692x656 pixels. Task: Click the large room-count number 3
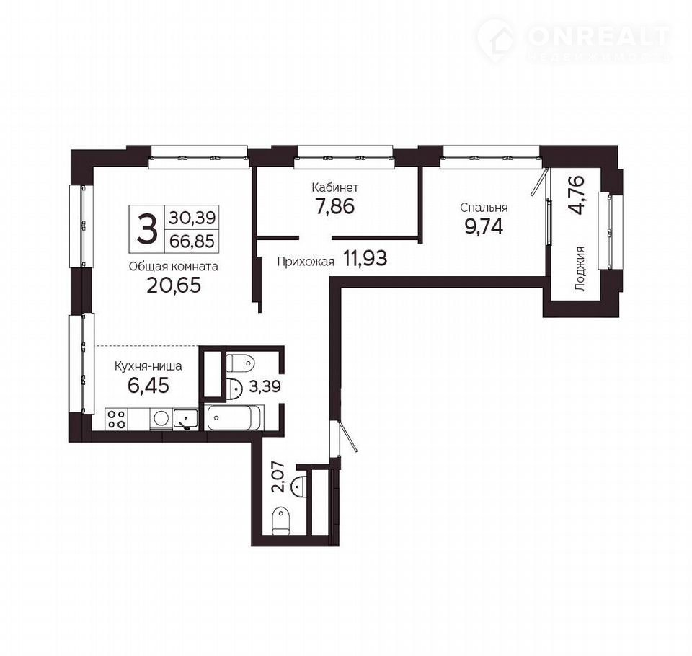pos(146,229)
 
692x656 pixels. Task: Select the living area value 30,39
pos(192,218)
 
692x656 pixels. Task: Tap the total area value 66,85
pos(192,241)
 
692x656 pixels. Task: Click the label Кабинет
pos(335,187)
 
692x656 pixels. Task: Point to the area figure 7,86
pos(335,206)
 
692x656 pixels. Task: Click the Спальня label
pos(484,208)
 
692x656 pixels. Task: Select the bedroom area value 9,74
pos(484,227)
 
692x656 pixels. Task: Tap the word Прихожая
pos(306,262)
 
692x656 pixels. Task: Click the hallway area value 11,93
pos(365,259)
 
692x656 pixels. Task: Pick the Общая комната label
pos(174,267)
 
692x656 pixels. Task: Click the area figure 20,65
pos(174,285)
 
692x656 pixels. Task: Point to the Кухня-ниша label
pos(148,366)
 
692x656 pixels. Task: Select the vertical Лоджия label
pos(580,268)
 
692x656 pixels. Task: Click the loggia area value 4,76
pos(577,195)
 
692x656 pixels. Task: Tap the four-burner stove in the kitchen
pos(117,419)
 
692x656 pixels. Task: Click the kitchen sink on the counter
pos(186,419)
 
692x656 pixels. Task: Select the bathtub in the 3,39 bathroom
pos(236,417)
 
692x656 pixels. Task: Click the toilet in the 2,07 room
pos(280,521)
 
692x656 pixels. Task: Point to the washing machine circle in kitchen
pos(161,418)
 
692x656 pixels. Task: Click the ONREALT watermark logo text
pos(599,37)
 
